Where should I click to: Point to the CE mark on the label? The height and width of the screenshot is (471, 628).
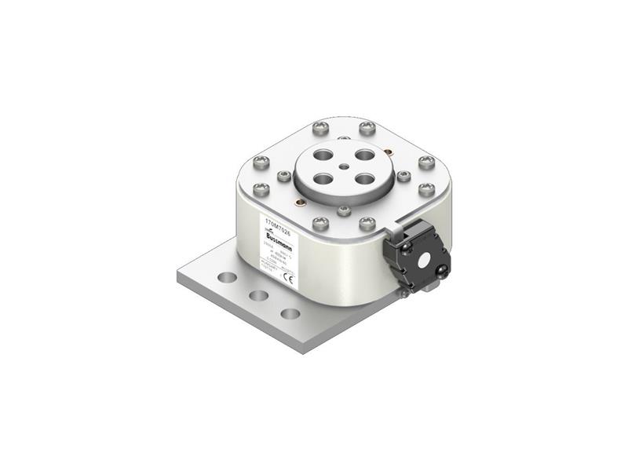click(x=288, y=277)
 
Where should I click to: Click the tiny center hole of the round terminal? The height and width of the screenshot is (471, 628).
click(x=342, y=166)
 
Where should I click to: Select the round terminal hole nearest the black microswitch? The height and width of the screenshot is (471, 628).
click(x=364, y=178)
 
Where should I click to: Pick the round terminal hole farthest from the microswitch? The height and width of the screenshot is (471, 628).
click(x=320, y=155)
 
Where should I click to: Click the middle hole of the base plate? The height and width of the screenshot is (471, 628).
click(x=257, y=296)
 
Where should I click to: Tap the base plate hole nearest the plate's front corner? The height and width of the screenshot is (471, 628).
click(x=290, y=314)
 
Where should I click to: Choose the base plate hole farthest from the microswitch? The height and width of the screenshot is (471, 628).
click(x=226, y=278)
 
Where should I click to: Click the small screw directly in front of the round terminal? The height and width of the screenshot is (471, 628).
click(x=344, y=210)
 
